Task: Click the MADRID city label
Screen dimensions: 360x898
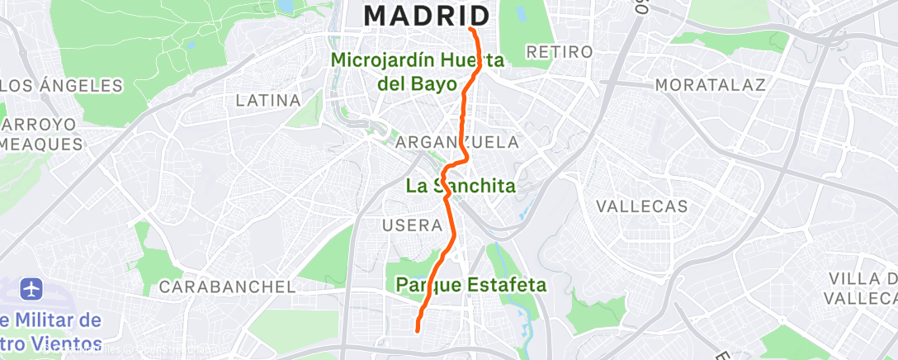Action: (427, 15)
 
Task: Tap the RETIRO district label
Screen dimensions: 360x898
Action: (559, 52)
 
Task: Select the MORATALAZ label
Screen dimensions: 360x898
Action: (710, 85)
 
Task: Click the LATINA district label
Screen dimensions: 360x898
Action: (267, 101)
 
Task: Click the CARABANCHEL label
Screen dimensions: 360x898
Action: (227, 287)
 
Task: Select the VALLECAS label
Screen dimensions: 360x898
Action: (641, 206)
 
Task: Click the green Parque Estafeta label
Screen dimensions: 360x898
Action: (471, 286)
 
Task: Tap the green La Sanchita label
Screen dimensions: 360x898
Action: (461, 186)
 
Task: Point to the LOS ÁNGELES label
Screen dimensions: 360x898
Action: (61, 85)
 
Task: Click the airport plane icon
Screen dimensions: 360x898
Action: (32, 290)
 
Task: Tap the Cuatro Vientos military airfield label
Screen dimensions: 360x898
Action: (50, 331)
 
